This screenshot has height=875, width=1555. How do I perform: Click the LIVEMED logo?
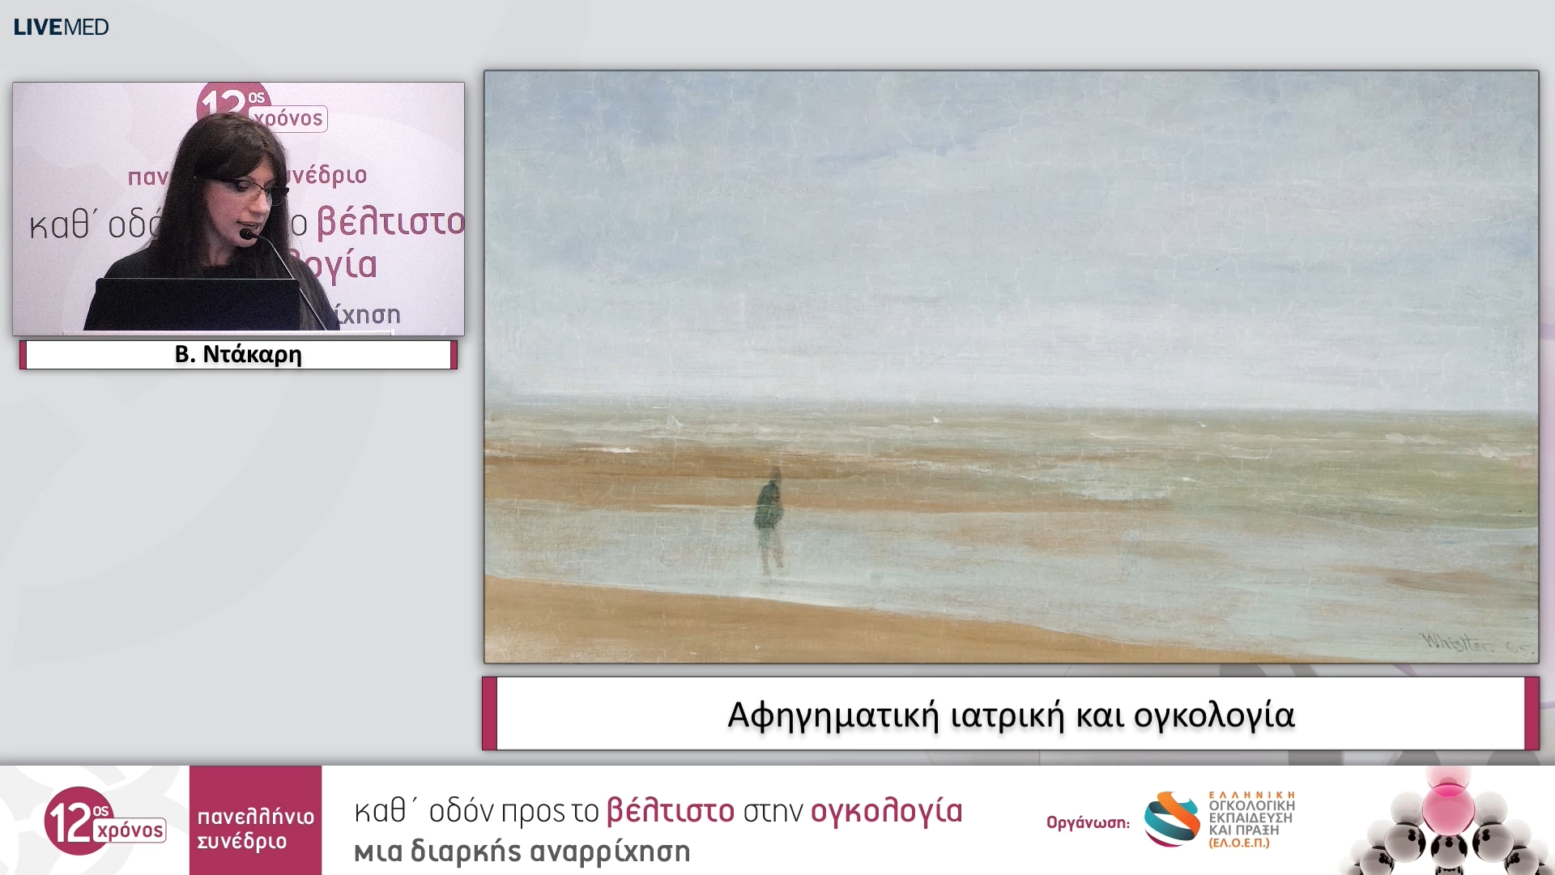click(61, 27)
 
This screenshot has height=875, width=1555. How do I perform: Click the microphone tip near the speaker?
click(246, 235)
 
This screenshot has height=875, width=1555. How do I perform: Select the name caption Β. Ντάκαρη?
click(238, 355)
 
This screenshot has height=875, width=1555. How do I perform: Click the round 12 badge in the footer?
click(78, 820)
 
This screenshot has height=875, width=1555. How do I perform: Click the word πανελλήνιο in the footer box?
click(255, 816)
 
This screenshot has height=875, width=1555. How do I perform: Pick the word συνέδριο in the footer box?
click(242, 842)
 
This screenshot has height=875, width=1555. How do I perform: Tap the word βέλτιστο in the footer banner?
click(671, 811)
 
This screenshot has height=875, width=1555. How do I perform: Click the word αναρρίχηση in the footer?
click(610, 852)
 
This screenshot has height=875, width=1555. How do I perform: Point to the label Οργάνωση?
click(1088, 822)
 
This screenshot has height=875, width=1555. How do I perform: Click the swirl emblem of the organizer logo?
click(1172, 819)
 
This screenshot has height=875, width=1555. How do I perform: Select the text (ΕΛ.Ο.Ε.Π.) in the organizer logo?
click(1239, 843)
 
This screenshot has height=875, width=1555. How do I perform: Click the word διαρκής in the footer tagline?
click(466, 852)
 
